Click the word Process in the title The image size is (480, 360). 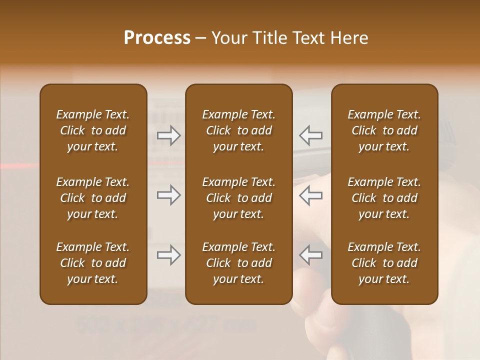pyautogui.click(x=157, y=38)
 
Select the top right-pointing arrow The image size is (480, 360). pyautogui.click(x=168, y=135)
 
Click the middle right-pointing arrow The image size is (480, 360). pyautogui.click(x=168, y=195)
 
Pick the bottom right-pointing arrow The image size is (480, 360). pyautogui.click(x=168, y=255)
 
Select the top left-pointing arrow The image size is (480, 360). pyautogui.click(x=310, y=135)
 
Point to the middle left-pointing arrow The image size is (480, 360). pyautogui.click(x=310, y=195)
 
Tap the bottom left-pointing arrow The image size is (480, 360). pyautogui.click(x=310, y=255)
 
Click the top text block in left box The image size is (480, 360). pyautogui.click(x=93, y=130)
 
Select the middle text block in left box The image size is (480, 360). pyautogui.click(x=93, y=198)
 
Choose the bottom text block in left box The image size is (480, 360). pyautogui.click(x=93, y=263)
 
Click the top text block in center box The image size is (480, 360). pyautogui.click(x=238, y=130)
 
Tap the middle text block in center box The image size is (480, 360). pyautogui.click(x=238, y=198)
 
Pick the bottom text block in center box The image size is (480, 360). pyautogui.click(x=238, y=263)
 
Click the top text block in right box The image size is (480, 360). pyautogui.click(x=384, y=130)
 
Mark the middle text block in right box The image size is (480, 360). pyautogui.click(x=384, y=198)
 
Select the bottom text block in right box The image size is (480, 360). pyautogui.click(x=384, y=263)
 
